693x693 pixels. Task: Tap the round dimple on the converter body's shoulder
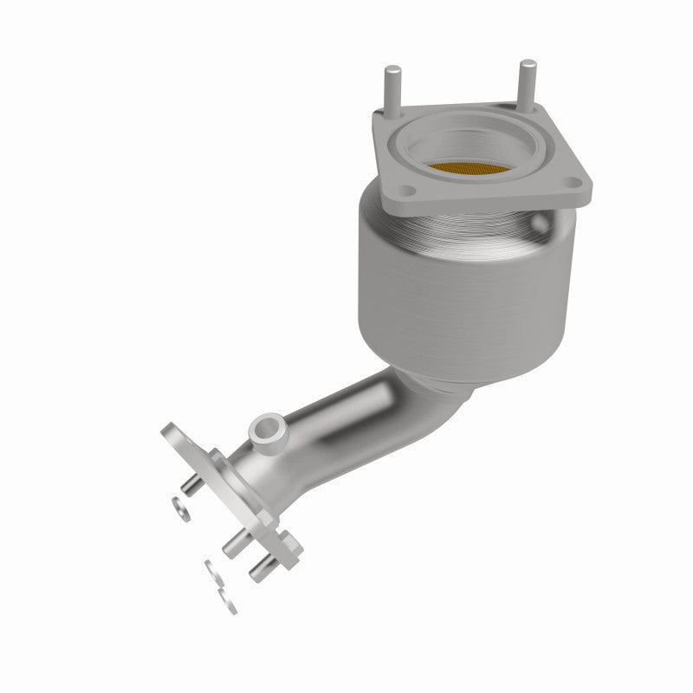coord(541,223)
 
